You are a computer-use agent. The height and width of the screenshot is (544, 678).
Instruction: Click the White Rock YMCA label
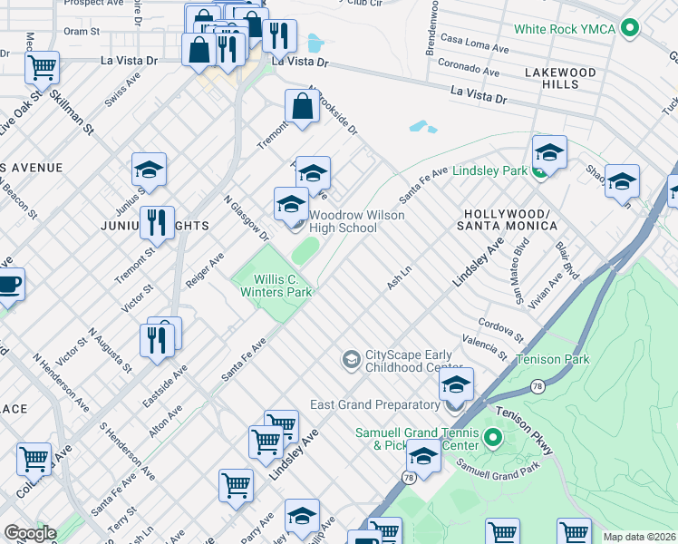click(565, 29)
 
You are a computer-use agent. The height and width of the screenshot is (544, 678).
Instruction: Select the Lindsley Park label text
click(489, 170)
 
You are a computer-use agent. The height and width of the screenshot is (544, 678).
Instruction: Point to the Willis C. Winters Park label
click(276, 286)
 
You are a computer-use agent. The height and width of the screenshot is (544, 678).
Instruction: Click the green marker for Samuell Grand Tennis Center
click(492, 439)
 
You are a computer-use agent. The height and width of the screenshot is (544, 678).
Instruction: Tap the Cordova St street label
click(501, 328)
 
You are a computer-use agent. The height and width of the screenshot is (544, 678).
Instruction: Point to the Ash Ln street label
click(399, 278)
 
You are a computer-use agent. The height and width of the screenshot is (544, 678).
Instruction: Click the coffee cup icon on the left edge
click(7, 283)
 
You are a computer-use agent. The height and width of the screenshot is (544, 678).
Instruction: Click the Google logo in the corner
click(30, 533)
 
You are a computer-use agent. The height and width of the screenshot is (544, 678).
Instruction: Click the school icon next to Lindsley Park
click(549, 152)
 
